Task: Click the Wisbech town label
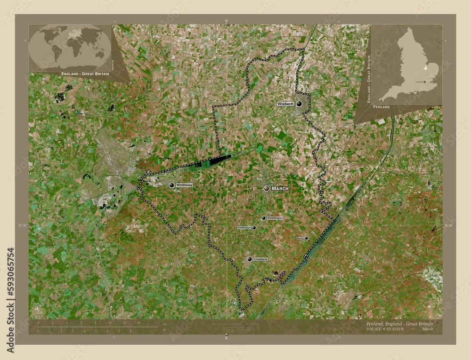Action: tap(285, 103)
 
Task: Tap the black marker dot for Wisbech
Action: tap(299, 104)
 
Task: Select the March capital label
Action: tap(280, 188)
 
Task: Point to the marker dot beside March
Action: tap(267, 188)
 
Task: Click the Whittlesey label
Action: tap(185, 185)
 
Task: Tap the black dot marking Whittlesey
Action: tap(171, 185)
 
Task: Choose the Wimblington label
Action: tap(275, 218)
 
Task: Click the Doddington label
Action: tap(244, 228)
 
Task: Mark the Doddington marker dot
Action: tap(254, 228)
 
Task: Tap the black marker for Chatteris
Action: tap(250, 259)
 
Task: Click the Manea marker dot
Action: tap(307, 239)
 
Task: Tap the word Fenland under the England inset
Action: tap(380, 108)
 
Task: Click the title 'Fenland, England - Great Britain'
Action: tap(399, 324)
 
